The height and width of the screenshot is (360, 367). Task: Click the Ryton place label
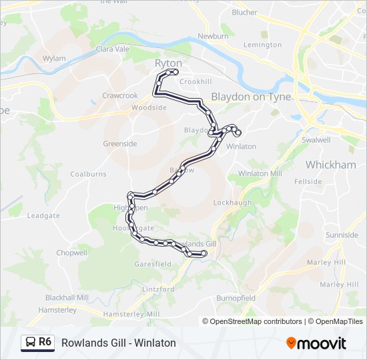coord(168,63)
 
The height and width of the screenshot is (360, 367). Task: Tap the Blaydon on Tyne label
coord(251,97)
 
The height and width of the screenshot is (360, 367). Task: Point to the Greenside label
coord(120,143)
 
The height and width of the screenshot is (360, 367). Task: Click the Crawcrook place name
coord(120,95)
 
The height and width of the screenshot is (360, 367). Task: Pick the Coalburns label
coord(88,174)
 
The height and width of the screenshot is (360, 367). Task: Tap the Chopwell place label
coord(72,253)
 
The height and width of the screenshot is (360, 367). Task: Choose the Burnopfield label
coord(236,298)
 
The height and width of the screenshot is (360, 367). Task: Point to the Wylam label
coord(54,58)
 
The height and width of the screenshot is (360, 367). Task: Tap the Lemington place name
coord(262,45)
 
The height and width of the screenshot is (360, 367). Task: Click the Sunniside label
coord(342,235)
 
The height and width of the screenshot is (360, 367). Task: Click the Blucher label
coord(244,12)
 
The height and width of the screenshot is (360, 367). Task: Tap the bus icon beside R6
coord(30,343)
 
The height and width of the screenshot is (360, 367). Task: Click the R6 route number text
coord(45,343)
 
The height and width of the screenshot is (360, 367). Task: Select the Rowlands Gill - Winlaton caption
coord(118,343)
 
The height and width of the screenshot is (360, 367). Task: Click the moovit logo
coord(316,343)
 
